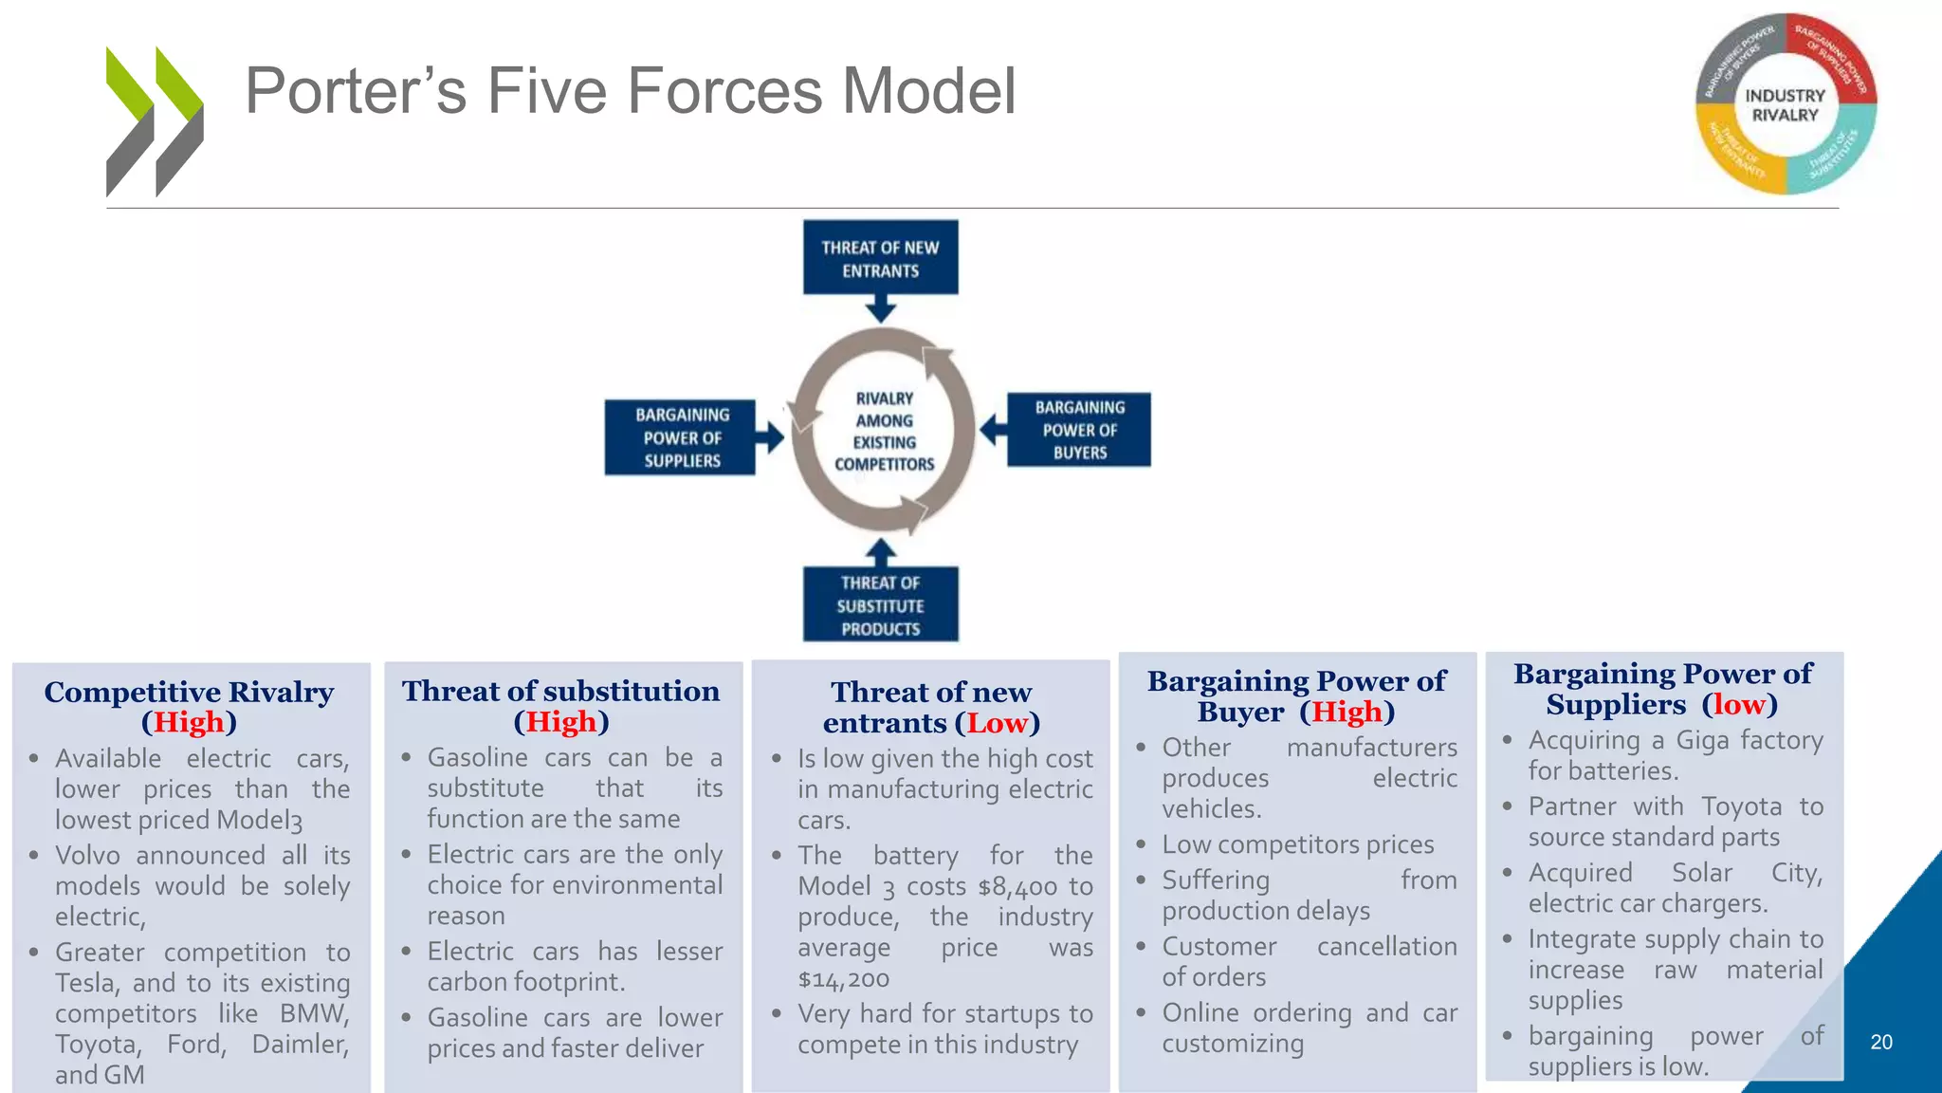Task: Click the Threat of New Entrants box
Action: coord(880,258)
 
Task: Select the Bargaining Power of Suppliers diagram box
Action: coord(681,437)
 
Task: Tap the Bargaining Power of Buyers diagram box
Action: coord(1079,430)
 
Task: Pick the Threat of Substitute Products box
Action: coord(880,604)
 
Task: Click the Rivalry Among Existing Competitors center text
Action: coord(884,432)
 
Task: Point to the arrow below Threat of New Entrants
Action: coord(881,308)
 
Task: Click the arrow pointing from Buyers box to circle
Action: coord(992,430)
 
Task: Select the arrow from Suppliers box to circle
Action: coord(770,437)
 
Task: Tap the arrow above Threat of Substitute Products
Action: coord(881,552)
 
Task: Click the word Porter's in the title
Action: coord(356,91)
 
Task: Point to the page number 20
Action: coord(1881,1042)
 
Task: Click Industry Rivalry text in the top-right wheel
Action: coord(1785,105)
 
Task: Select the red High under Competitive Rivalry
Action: coord(189,723)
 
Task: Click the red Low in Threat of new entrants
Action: coord(997,724)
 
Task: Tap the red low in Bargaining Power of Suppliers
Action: coord(1739,705)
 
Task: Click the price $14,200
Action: coord(843,979)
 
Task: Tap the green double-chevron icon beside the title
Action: coord(155,121)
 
